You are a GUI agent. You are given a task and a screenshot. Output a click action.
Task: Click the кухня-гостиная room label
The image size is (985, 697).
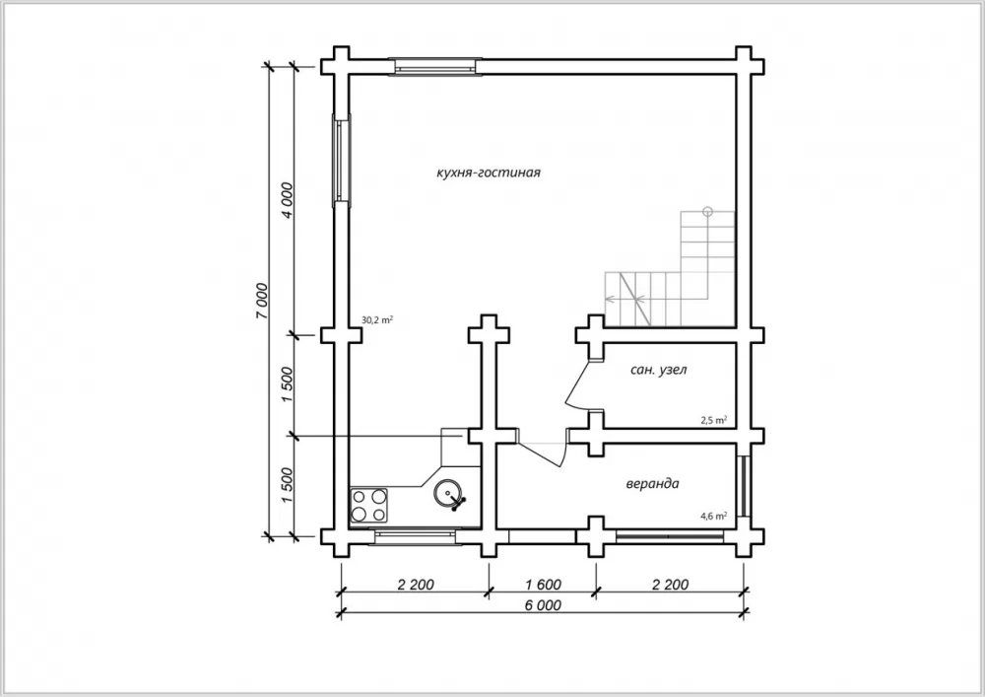pos(489,173)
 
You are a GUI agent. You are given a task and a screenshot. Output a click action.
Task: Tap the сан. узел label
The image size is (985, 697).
pos(658,370)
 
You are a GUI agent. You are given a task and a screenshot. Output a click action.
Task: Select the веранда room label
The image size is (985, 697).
pos(652,484)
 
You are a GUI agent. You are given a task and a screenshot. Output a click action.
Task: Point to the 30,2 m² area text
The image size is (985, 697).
pos(377,319)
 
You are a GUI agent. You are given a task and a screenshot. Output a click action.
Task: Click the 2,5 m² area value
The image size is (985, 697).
pos(714,420)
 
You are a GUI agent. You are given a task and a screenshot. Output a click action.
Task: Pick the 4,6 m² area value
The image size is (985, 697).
pos(714,516)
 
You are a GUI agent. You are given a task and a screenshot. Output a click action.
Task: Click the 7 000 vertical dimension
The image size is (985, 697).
pos(262,301)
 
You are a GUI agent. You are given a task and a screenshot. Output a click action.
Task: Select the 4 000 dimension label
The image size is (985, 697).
pos(287,200)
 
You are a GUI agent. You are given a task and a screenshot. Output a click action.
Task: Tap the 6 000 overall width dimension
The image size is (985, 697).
pos(542,605)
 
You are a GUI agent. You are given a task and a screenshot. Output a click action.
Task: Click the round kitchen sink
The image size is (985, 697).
pos(449,494)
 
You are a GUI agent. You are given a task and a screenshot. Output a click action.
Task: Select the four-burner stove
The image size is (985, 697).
pos(368,506)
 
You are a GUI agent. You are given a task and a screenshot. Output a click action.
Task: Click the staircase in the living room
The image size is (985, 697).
pos(670,268)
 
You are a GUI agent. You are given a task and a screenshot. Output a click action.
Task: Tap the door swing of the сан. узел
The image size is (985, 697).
pos(576,384)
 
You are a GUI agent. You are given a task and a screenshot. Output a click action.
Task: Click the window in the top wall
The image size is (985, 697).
pos(435,67)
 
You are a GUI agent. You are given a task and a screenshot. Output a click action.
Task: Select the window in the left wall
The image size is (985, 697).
pos(341,161)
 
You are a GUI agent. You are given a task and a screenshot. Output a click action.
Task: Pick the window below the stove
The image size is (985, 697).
pos(416,536)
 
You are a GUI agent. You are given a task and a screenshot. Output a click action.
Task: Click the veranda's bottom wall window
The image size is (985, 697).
pos(669,536)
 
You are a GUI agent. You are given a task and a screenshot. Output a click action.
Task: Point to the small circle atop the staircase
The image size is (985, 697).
pos(708,211)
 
